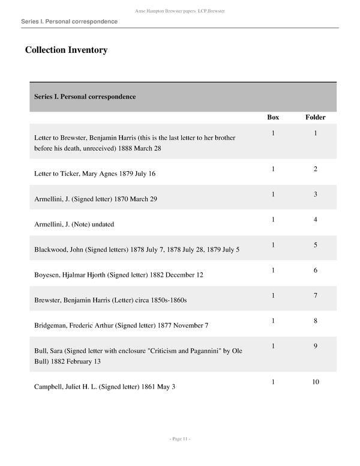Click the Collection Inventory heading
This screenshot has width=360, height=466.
66,50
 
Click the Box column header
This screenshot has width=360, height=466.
272,117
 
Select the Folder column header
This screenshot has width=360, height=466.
315,117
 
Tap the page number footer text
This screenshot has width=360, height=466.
180,440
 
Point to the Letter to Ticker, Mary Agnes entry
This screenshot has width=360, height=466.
95,174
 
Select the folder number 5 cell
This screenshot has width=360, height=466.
315,245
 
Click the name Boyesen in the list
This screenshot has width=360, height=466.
50,274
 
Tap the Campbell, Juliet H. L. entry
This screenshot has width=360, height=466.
104,387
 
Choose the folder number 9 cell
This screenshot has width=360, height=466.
315,346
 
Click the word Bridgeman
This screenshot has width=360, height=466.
53,325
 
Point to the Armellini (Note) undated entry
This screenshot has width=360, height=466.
74,224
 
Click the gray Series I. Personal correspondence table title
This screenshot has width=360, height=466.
85,97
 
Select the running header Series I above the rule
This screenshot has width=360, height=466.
69,22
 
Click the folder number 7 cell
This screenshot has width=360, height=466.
315,295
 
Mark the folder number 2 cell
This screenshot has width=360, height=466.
315,169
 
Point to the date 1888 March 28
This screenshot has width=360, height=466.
140,148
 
